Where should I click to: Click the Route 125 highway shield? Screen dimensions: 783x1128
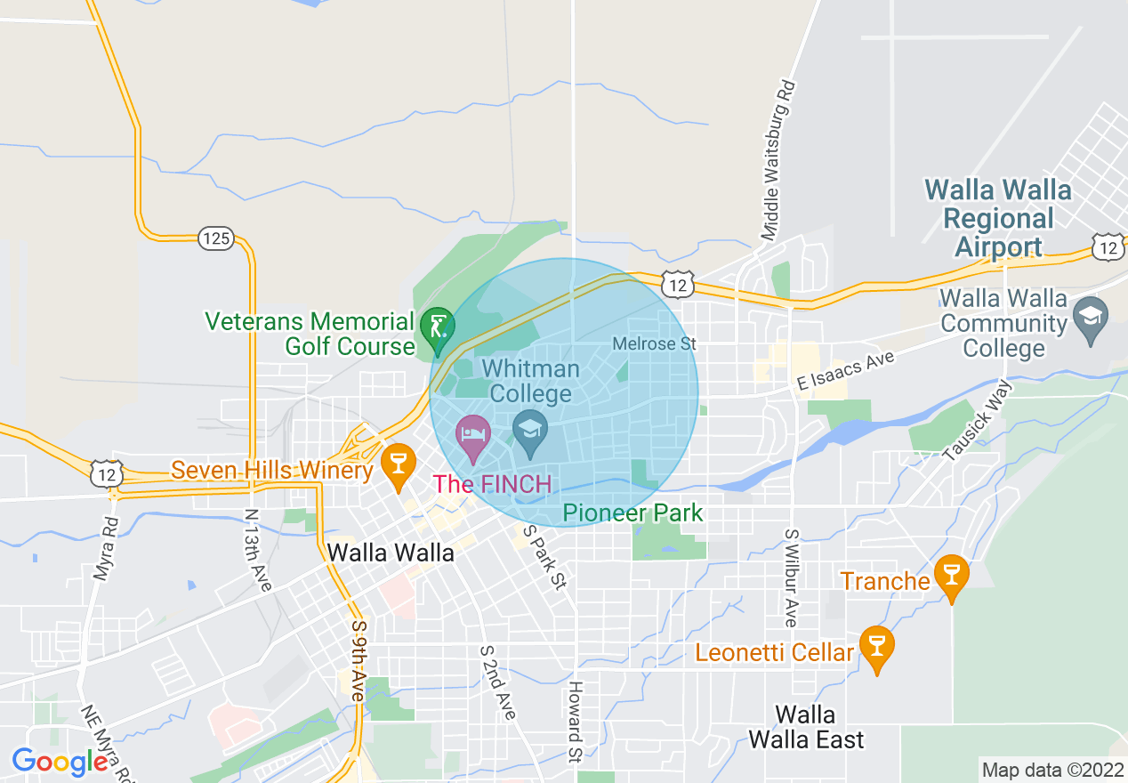pos(215,238)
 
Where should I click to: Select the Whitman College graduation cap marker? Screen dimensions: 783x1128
pos(531,431)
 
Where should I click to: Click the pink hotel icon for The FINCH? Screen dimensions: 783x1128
pos(473,436)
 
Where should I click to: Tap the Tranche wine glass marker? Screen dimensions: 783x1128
pos(952,576)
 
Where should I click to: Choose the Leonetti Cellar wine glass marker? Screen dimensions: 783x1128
pos(876,647)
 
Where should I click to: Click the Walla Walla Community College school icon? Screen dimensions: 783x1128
pos(1091,314)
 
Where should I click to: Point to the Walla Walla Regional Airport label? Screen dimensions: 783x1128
pos(998,218)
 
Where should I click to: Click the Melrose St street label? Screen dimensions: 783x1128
pos(654,343)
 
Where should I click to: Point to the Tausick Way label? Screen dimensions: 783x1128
pos(977,421)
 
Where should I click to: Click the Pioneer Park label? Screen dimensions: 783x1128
pos(632,513)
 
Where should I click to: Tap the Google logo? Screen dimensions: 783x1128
pos(60,762)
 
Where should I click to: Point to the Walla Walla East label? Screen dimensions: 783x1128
pos(805,727)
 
